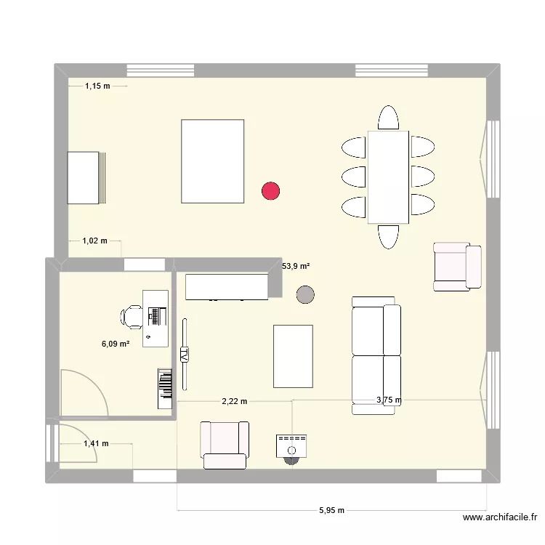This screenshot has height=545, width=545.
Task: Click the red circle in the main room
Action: (271, 191)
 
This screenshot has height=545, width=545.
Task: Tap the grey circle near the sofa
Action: (306, 294)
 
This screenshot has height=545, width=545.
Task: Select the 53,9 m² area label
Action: (296, 267)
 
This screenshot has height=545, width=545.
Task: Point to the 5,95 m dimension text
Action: (331, 511)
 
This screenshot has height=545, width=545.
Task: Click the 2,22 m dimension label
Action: (235, 400)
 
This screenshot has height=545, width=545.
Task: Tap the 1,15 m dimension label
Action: (97, 86)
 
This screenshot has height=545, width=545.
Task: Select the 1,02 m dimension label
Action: (94, 241)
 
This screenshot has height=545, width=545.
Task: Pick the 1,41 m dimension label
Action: (96, 443)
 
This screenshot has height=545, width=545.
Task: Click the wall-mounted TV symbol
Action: (184, 355)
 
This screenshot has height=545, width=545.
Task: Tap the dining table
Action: (388, 177)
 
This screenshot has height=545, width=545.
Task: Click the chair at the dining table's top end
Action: (389, 118)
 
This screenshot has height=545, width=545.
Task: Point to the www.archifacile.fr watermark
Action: (499, 518)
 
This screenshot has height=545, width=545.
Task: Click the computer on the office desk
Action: (155, 315)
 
